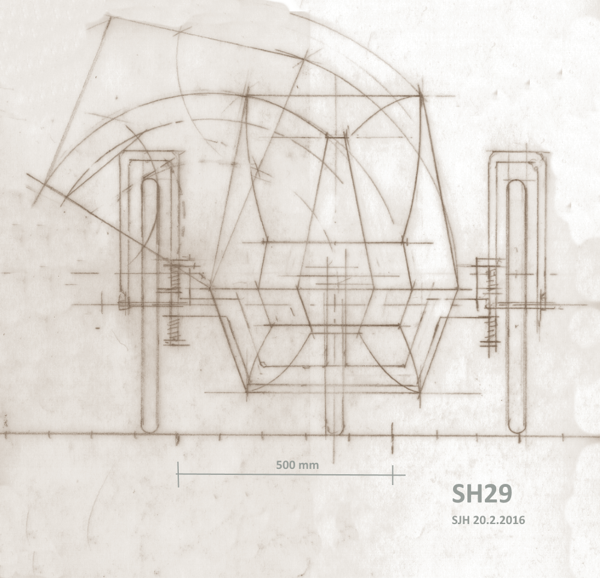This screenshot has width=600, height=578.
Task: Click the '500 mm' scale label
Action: click(x=298, y=465)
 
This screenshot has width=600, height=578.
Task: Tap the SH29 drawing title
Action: click(x=482, y=494)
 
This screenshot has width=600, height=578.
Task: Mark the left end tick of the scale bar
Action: click(x=178, y=474)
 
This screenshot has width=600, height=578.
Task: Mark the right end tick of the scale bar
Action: click(x=392, y=474)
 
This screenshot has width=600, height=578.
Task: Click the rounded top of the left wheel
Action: click(x=149, y=181)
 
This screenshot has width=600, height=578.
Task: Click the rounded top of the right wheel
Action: click(x=517, y=181)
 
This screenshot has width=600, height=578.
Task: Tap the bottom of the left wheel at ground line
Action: click(x=149, y=432)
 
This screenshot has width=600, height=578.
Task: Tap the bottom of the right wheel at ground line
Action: click(x=517, y=432)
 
